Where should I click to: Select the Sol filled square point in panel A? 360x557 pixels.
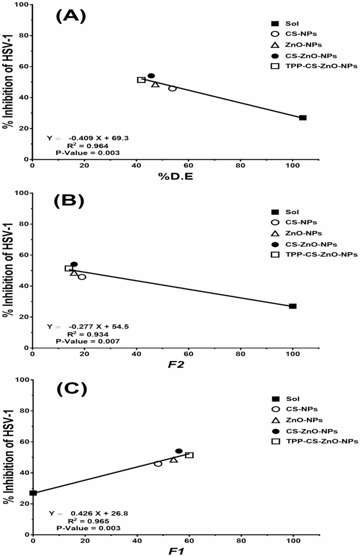(x=303, y=118)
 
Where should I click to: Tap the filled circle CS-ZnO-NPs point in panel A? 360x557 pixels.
(x=151, y=76)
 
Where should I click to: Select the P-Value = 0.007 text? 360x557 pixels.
(x=88, y=341)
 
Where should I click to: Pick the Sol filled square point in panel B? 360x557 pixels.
(x=293, y=306)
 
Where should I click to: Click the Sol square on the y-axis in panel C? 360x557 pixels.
(x=33, y=493)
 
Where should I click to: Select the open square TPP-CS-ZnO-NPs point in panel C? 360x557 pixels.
(x=189, y=455)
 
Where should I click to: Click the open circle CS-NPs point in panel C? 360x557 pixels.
(x=158, y=463)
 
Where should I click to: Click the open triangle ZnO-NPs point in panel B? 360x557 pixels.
(x=74, y=273)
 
